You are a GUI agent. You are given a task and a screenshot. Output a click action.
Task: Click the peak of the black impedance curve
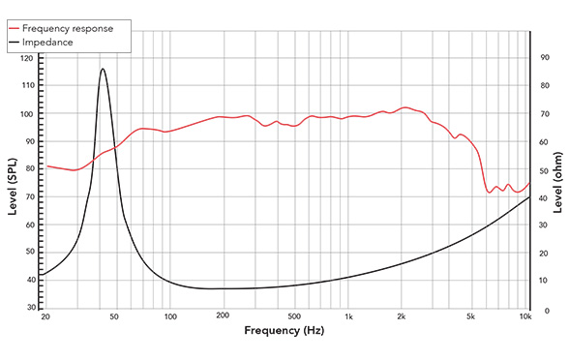pyautogui.click(x=103, y=69)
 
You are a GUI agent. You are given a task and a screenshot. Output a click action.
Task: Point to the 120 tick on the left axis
pyautogui.click(x=26, y=58)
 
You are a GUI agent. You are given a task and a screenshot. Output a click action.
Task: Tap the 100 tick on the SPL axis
pyautogui.click(x=26, y=113)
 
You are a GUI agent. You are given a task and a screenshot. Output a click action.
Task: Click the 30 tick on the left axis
pyautogui.click(x=28, y=307)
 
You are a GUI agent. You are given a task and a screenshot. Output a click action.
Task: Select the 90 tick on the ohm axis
pyautogui.click(x=545, y=58)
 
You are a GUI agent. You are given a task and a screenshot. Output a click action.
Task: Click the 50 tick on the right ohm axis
pyautogui.click(x=545, y=170)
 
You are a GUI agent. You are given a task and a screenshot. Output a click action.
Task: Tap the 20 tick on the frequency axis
pyautogui.click(x=44, y=317)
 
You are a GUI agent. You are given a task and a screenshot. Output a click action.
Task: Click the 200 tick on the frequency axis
pyautogui.click(x=222, y=317)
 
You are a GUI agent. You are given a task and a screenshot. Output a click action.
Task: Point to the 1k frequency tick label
pyautogui.click(x=348, y=317)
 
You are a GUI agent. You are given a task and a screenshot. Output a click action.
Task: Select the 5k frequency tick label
pyautogui.click(x=470, y=317)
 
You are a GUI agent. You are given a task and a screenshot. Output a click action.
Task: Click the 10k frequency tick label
pyautogui.click(x=525, y=317)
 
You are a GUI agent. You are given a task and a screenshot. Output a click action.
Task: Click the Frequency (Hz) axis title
pyautogui.click(x=284, y=332)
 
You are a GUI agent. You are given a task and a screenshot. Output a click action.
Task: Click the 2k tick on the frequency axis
pyautogui.click(x=402, y=317)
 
